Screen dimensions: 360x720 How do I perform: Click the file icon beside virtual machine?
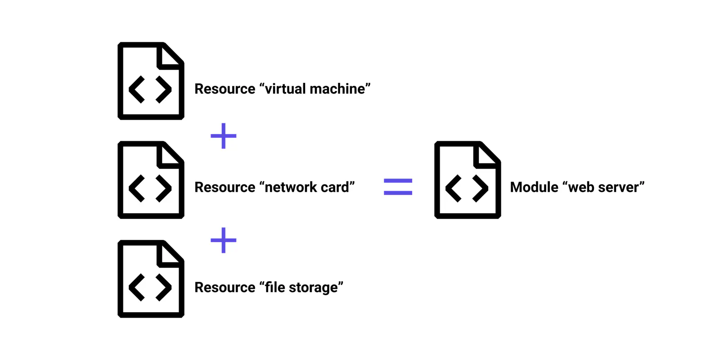click(151, 81)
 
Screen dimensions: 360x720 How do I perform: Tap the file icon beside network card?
click(151, 180)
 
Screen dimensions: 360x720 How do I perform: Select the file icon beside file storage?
click(151, 279)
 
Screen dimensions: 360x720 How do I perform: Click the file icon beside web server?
click(468, 180)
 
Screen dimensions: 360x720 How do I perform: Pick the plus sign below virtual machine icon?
click(224, 135)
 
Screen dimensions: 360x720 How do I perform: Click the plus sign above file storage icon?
click(224, 240)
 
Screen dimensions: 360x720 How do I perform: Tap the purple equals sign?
click(398, 187)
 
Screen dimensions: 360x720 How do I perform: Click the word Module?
click(534, 187)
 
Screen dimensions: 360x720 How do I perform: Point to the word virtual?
click(285, 89)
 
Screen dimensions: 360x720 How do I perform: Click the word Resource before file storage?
click(225, 288)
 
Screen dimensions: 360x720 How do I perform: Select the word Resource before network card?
click(225, 187)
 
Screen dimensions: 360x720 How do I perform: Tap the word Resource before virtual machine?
click(225, 89)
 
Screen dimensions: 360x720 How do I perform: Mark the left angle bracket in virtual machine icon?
click(137, 90)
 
